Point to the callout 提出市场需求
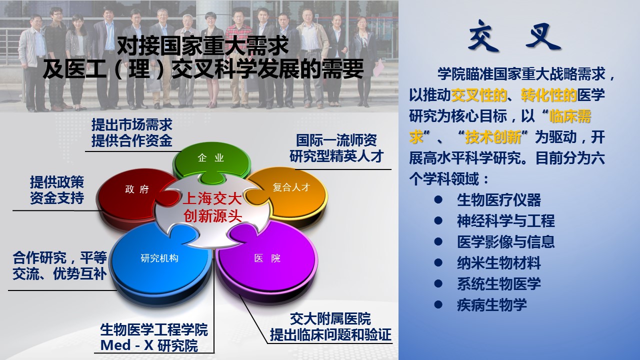(131, 125)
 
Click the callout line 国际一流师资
(336, 140)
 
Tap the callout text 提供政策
(57, 182)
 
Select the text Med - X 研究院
(149, 345)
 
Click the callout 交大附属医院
(330, 319)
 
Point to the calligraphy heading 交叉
(514, 35)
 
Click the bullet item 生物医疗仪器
(499, 199)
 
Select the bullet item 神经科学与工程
(505, 221)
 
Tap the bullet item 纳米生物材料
(499, 263)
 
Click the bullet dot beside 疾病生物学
(438, 304)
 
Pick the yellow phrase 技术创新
(493, 137)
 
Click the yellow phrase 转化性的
(549, 95)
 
